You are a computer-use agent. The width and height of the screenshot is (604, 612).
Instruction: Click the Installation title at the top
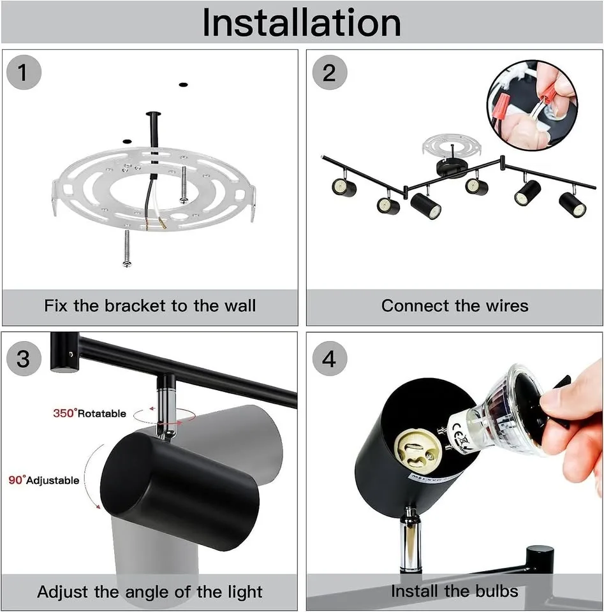(x=302, y=22)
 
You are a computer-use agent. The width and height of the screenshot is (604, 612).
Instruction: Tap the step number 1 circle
(x=24, y=73)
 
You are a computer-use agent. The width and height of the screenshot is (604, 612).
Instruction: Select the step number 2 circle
(x=329, y=73)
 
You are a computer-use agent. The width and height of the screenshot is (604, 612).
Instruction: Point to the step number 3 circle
(x=24, y=358)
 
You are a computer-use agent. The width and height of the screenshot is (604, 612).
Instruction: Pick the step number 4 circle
(x=329, y=358)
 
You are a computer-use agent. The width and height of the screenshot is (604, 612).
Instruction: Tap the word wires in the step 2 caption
(x=506, y=306)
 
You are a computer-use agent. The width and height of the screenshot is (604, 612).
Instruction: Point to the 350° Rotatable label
(x=89, y=414)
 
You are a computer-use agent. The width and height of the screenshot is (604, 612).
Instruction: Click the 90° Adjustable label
(x=44, y=480)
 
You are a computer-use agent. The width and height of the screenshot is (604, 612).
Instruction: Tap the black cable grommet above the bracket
(x=154, y=116)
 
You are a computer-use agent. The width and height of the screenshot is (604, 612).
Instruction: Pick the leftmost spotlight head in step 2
(x=343, y=187)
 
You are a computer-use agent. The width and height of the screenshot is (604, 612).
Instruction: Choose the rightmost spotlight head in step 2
(x=572, y=205)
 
